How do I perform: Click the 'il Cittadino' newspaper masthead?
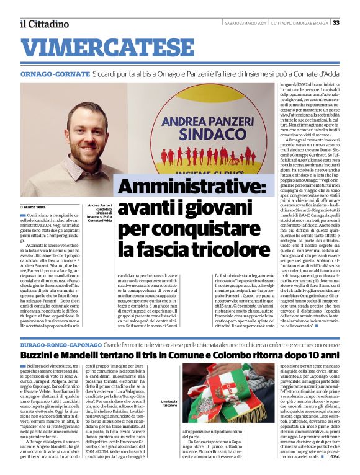[43, 24]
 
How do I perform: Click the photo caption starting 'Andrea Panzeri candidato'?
[100, 213]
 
